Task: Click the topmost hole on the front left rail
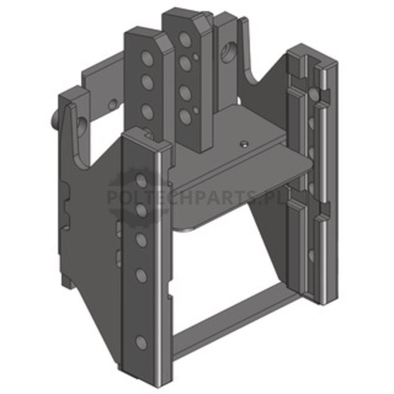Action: [x=141, y=181]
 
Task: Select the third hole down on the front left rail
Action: [x=141, y=239]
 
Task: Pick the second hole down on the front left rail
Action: [x=141, y=210]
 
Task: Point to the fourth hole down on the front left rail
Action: [x=141, y=276]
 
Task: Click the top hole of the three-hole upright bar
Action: [x=147, y=59]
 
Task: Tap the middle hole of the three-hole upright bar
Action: [x=147, y=82]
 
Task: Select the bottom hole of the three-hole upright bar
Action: [x=147, y=111]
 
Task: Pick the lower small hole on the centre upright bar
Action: [x=196, y=110]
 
